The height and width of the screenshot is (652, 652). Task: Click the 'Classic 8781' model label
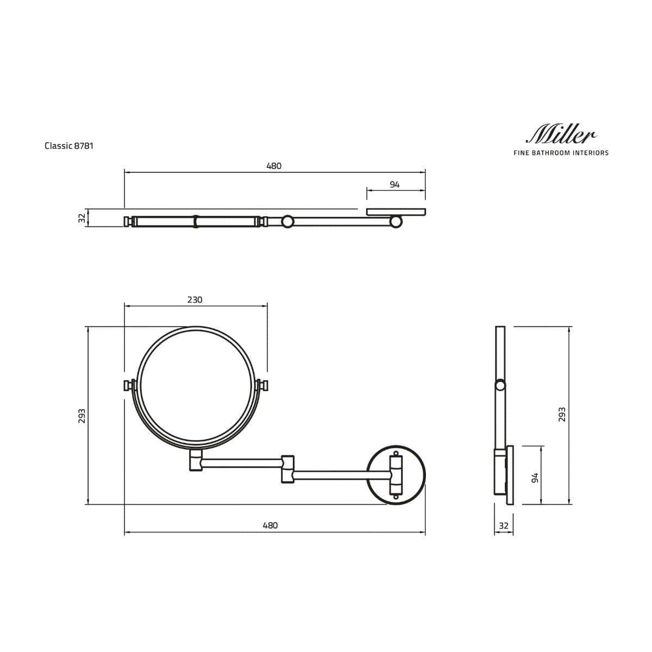[69, 146]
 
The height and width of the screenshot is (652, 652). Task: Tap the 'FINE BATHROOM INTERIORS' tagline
[561, 153]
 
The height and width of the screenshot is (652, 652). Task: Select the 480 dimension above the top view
[274, 166]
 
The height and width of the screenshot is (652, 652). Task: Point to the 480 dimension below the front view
[270, 525]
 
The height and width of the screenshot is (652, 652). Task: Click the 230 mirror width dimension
[195, 300]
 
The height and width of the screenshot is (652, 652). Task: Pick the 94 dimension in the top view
[394, 185]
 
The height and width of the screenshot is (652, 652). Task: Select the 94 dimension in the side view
[535, 478]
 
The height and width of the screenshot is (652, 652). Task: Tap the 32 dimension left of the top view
[82, 218]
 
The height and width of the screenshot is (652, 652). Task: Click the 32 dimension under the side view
[503, 525]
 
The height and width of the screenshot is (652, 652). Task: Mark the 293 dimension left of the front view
[81, 415]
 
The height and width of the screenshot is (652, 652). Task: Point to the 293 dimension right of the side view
[562, 415]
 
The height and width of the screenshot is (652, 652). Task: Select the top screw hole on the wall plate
[396, 453]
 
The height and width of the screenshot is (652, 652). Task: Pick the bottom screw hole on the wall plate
[396, 496]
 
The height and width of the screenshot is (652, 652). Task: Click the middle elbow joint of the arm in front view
[287, 468]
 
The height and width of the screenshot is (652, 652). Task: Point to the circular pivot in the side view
[500, 386]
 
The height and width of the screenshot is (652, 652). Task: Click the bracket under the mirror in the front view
[196, 460]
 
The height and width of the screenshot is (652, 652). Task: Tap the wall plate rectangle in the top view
[396, 212]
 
